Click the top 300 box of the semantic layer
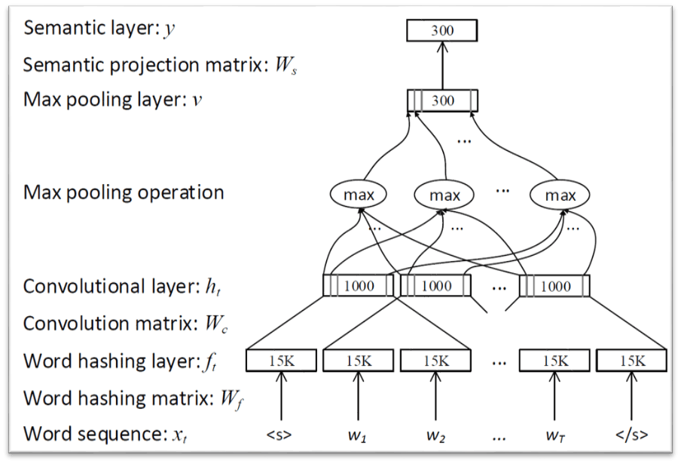[442, 31]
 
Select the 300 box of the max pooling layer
[442, 100]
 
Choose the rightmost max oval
[560, 195]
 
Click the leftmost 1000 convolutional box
[358, 286]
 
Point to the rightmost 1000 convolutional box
[554, 286]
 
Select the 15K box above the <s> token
[280, 361]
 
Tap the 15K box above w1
[357, 361]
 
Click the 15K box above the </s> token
[632, 361]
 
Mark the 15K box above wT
[554, 361]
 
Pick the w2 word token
[435, 435]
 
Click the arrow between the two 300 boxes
[442, 66]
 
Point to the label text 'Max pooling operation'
[124, 192]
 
